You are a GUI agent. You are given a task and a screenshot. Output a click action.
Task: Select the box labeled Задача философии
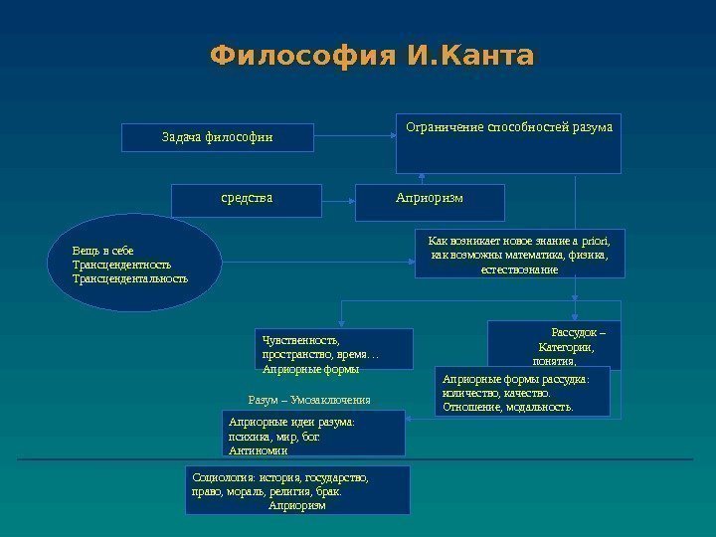(218, 137)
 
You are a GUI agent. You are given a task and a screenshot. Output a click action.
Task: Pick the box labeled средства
(247, 199)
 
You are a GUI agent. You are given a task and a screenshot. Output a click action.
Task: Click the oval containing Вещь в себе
(133, 263)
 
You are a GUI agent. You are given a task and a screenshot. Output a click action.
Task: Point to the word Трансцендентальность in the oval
(129, 278)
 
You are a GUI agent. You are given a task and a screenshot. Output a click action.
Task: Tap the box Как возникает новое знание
(518, 255)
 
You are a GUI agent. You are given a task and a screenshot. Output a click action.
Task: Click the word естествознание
(518, 269)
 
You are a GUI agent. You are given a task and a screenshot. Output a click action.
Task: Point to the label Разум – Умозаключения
(308, 399)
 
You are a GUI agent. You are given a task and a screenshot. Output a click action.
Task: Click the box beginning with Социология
(297, 490)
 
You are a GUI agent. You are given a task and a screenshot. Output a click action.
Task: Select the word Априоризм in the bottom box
(297, 505)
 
